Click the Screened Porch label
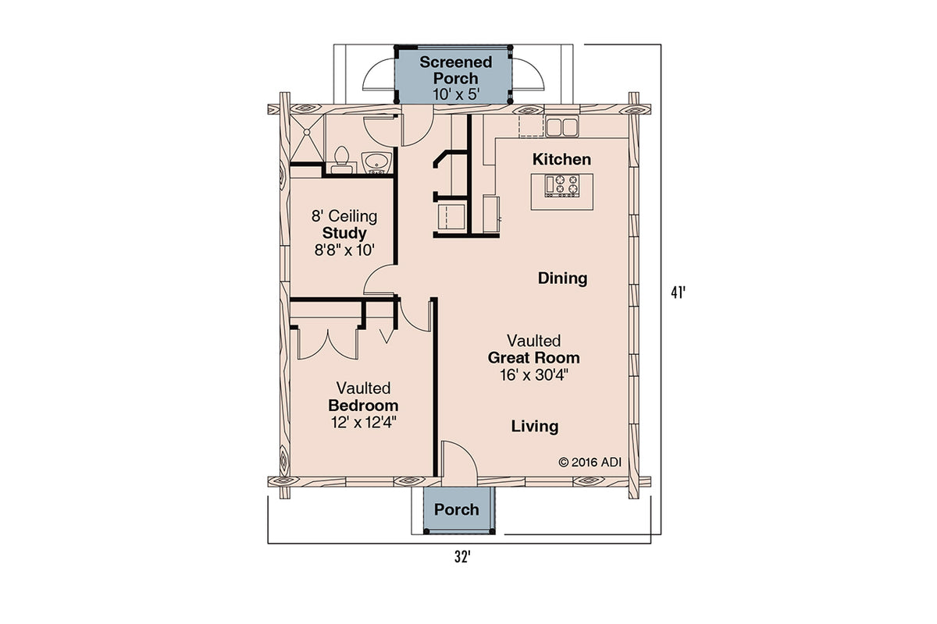(x=456, y=70)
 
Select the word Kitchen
(x=561, y=160)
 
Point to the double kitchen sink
(x=560, y=126)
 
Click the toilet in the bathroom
(x=340, y=158)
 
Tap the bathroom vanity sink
(x=379, y=162)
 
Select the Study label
(x=344, y=233)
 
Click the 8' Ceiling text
(x=344, y=216)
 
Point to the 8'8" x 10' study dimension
(x=344, y=250)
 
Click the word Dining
(x=562, y=278)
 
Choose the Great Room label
(x=534, y=358)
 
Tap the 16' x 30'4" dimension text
(x=534, y=375)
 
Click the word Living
(x=535, y=427)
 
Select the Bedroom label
(x=363, y=406)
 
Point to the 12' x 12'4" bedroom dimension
(x=363, y=423)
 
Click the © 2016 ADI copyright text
(x=589, y=462)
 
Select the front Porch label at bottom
(x=457, y=510)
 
